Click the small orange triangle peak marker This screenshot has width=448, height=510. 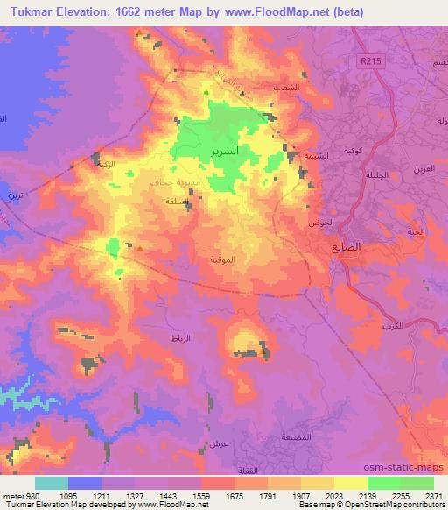tap(139, 247)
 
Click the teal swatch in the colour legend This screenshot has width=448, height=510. tap(52, 483)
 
